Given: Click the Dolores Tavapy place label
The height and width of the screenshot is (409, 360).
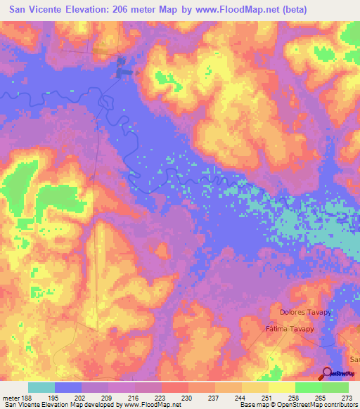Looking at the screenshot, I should click(x=305, y=312).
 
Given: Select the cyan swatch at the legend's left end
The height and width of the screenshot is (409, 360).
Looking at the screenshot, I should click(x=41, y=387).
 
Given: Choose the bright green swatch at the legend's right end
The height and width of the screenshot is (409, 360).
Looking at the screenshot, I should click(x=335, y=387).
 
